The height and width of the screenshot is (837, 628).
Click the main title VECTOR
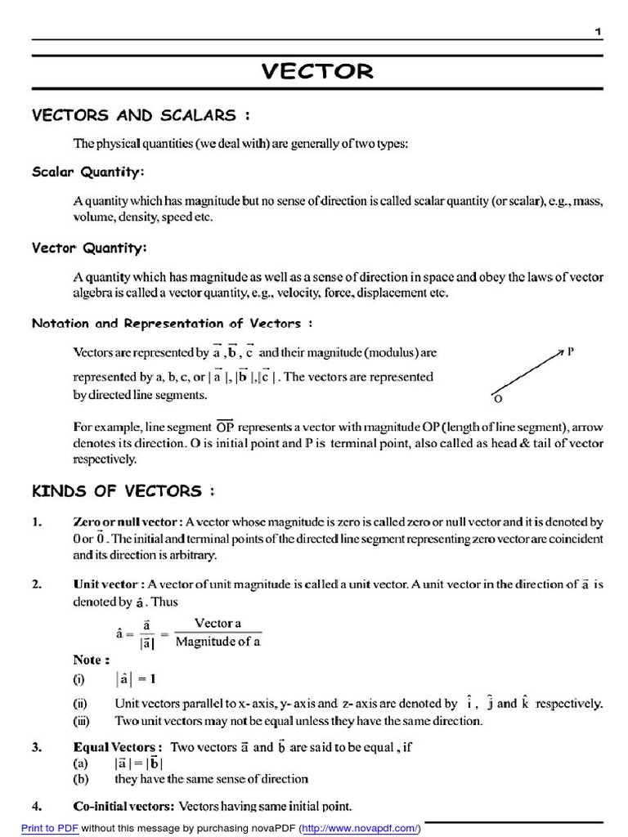[x=317, y=71]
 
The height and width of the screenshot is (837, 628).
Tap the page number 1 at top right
[x=598, y=31]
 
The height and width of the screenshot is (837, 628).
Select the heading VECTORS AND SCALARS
[x=134, y=115]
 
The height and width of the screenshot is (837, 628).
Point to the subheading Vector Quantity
[x=89, y=248]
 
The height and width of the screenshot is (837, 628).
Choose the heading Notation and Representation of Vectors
[x=172, y=323]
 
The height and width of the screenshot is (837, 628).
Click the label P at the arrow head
[x=570, y=351]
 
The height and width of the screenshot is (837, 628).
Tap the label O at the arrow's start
[x=496, y=400]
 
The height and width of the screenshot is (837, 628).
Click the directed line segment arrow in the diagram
[x=527, y=373]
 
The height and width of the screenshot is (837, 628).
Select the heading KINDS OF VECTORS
[x=123, y=491]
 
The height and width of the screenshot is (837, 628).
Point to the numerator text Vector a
[x=218, y=623]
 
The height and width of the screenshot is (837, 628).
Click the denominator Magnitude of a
[x=218, y=642]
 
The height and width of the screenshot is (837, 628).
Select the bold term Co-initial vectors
[x=123, y=806]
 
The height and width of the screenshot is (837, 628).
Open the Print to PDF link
[x=50, y=827]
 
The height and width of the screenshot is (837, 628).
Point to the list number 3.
[x=36, y=747]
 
